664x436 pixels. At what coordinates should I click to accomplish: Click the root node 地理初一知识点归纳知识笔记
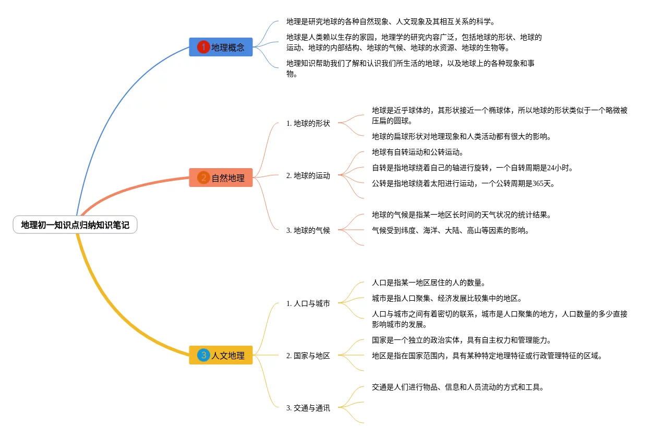click(75, 225)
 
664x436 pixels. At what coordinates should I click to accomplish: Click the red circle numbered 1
click(203, 47)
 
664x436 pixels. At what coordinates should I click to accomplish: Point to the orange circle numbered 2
click(203, 178)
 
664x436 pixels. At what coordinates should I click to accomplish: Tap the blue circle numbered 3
click(203, 355)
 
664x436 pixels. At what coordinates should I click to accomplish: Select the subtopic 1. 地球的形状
click(308, 124)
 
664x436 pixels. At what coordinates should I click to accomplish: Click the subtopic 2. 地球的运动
click(308, 176)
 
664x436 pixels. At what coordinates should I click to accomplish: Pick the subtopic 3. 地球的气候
click(308, 230)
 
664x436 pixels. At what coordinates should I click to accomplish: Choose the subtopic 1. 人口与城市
click(308, 303)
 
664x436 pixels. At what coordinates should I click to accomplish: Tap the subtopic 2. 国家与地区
click(308, 356)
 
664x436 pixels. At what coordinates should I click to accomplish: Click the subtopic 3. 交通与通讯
click(308, 408)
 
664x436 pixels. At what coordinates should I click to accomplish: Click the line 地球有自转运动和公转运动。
click(417, 152)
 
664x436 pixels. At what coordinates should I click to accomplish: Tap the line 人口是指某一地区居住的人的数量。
click(429, 283)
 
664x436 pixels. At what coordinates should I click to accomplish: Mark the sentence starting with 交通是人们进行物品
click(458, 387)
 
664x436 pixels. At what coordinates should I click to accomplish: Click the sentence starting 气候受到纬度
click(450, 230)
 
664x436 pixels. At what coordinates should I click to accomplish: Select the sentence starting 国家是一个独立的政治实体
click(462, 340)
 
